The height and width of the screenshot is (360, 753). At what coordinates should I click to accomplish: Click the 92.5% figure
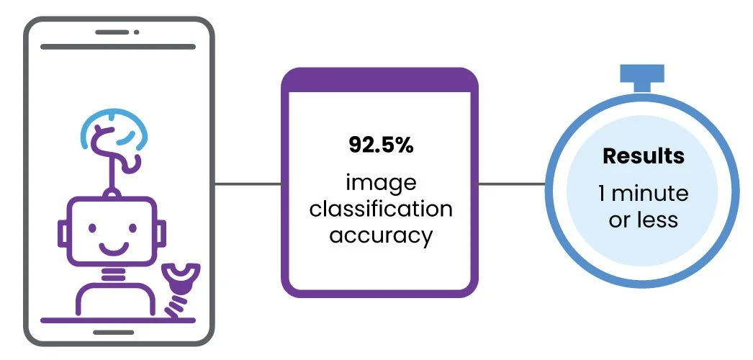point(381,145)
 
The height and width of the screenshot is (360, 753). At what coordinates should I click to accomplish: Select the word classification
point(381,210)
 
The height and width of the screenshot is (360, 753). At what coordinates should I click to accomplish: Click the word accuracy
point(381,235)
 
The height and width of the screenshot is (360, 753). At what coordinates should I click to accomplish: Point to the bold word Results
point(644,156)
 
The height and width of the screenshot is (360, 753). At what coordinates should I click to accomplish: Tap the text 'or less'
point(644,220)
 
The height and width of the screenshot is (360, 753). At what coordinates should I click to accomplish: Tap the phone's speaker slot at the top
point(112,32)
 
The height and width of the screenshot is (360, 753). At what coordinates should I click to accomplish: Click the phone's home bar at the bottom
point(113,332)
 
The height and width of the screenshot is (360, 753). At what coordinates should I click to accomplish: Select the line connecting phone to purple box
point(248,184)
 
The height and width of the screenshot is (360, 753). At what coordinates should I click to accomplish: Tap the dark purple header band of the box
point(379,80)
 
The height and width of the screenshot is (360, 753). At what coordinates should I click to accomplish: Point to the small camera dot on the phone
point(137,32)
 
